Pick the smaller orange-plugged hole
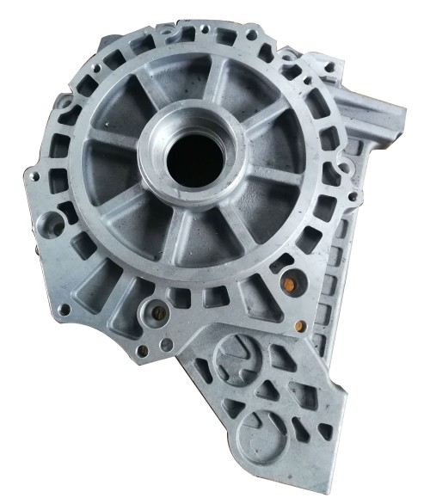point(300,325)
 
